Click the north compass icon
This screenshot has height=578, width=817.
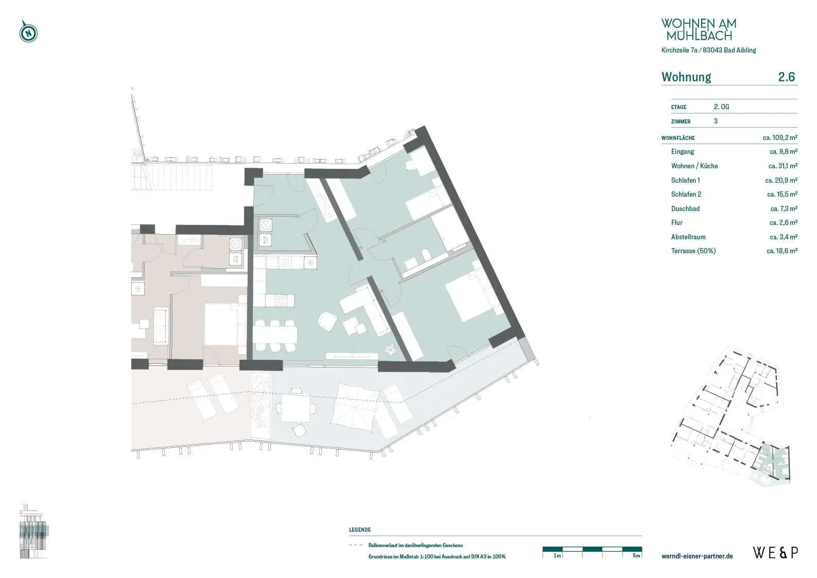(x=28, y=32)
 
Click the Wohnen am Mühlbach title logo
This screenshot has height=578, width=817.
(x=699, y=29)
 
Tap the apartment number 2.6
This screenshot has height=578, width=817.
(x=786, y=77)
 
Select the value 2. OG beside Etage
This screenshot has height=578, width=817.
(x=721, y=107)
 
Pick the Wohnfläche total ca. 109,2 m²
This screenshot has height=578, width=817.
(x=780, y=137)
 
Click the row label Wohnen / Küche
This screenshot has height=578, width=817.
(x=694, y=166)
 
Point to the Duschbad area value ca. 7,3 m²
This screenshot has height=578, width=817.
(x=784, y=208)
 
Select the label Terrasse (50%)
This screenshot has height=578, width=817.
(x=693, y=251)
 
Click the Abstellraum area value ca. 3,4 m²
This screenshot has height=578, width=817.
(x=784, y=237)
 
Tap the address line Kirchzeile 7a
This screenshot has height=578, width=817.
(x=679, y=50)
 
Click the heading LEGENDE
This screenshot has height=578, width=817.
(x=360, y=530)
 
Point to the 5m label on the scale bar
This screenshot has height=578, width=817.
(x=636, y=555)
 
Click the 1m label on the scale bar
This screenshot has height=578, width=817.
(x=557, y=555)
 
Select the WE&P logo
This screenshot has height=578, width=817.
(x=776, y=553)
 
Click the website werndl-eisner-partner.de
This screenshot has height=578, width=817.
(x=697, y=556)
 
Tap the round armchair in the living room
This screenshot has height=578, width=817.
(x=327, y=322)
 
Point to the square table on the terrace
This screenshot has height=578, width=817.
(x=296, y=408)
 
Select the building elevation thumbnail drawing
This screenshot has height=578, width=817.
(x=33, y=531)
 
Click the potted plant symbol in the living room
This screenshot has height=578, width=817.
(x=391, y=349)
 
